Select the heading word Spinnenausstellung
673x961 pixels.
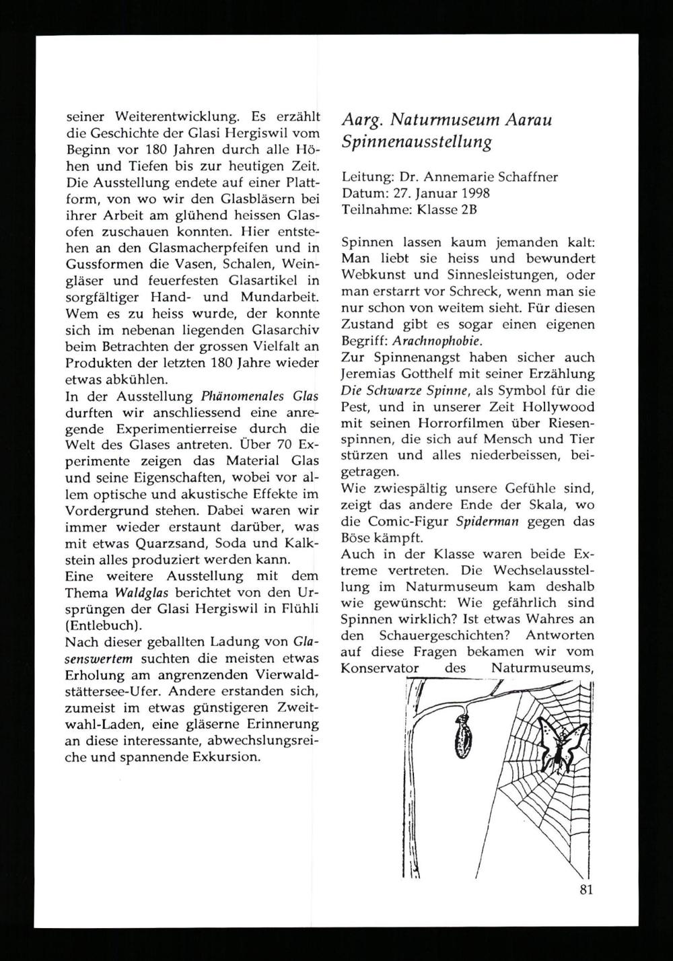pyautogui.click(x=417, y=143)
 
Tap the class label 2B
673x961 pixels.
pyautogui.click(x=468, y=209)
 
